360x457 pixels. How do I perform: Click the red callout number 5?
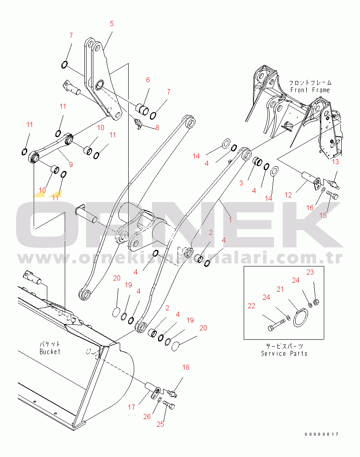pyautogui.click(x=112, y=24)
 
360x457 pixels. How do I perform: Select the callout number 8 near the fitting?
pyautogui.click(x=157, y=127)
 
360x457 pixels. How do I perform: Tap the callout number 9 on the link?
pyautogui.click(x=71, y=163)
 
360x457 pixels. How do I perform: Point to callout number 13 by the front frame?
pyautogui.click(x=335, y=162)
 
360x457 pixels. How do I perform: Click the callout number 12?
pyautogui.click(x=288, y=195)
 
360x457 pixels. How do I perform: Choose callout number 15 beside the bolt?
pyautogui.click(x=323, y=215)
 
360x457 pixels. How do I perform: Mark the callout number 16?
pyautogui.click(x=310, y=208)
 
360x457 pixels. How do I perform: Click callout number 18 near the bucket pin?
pyautogui.click(x=186, y=367)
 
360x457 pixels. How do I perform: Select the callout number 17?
pyautogui.click(x=131, y=408)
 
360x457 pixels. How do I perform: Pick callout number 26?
pyautogui.click(x=147, y=417)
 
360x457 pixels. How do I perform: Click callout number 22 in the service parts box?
pyautogui.click(x=251, y=306)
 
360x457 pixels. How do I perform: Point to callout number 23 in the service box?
pyautogui.click(x=310, y=272)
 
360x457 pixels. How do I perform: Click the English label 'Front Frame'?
pyautogui.click(x=310, y=90)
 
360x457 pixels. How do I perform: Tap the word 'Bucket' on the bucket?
pyautogui.click(x=50, y=352)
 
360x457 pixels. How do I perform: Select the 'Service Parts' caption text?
pyautogui.click(x=284, y=353)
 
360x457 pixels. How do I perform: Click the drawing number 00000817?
pyautogui.click(x=321, y=434)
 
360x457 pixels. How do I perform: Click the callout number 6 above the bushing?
pyautogui.click(x=148, y=80)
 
